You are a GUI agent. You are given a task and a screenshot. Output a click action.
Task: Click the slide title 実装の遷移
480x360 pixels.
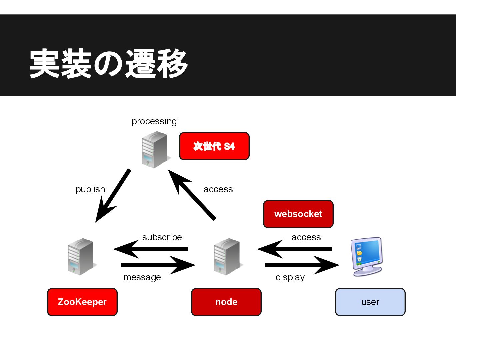click(x=109, y=63)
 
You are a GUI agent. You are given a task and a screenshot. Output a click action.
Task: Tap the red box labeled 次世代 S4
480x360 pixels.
click(x=214, y=146)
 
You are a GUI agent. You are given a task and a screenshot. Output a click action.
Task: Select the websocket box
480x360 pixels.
click(x=298, y=214)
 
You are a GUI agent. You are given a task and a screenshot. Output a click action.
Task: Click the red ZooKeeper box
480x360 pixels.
click(x=82, y=302)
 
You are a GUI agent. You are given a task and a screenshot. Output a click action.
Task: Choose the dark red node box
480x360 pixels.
click(x=226, y=302)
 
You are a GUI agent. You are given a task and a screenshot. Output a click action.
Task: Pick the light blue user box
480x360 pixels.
click(x=370, y=302)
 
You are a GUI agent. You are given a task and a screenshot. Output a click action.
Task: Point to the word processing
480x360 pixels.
click(x=154, y=122)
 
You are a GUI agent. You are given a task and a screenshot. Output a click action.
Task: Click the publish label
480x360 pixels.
click(x=90, y=189)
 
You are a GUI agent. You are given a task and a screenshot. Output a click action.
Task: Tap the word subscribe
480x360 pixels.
click(x=162, y=237)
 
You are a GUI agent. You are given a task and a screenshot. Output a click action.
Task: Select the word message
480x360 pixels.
click(x=142, y=277)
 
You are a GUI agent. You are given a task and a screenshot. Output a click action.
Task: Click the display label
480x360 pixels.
click(x=290, y=277)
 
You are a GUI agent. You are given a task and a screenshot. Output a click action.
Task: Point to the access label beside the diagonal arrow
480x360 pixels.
click(x=218, y=189)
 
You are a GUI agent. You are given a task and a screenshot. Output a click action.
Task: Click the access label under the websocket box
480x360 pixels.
click(x=306, y=237)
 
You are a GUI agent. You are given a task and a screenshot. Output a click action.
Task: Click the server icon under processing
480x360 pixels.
click(x=154, y=149)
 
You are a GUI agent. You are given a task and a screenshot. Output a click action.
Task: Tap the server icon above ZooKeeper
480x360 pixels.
click(x=81, y=256)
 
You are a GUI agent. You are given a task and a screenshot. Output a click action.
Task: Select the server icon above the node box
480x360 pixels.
click(x=227, y=256)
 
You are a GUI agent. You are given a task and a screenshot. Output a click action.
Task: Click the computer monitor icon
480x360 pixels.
click(x=367, y=256)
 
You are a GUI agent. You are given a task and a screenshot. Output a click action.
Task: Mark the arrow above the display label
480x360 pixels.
click(x=302, y=265)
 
